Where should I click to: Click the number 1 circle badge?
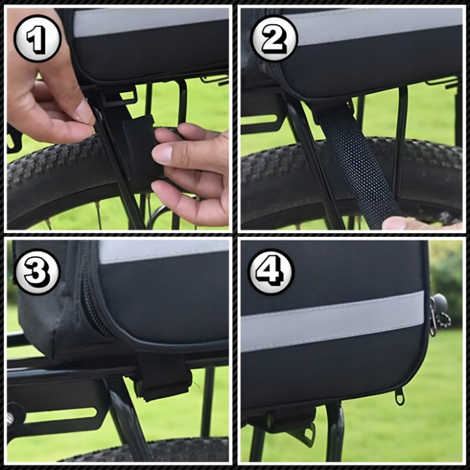tap(38, 38)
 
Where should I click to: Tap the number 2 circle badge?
tap(273, 38)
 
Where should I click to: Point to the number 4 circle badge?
tap(271, 271)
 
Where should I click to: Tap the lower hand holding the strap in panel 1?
tap(191, 171)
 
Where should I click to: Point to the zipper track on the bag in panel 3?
tap(91, 302)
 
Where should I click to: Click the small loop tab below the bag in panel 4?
tap(399, 396)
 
